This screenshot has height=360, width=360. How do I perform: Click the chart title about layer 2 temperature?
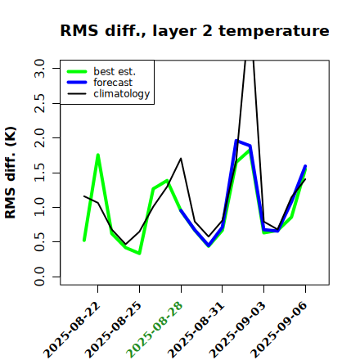(x=195, y=30)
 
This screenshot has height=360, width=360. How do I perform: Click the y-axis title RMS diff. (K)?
(x=11, y=173)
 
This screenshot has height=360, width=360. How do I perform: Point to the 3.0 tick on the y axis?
(x=39, y=68)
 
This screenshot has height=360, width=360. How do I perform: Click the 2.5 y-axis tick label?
(x=39, y=103)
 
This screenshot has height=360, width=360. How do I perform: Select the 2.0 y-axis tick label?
(x=39, y=138)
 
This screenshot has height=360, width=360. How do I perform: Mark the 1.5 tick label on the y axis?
(x=39, y=173)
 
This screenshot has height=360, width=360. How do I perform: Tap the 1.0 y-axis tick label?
(x=39, y=207)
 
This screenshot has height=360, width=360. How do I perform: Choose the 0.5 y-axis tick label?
(x=39, y=242)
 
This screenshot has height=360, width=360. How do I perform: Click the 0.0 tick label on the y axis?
(x=39, y=277)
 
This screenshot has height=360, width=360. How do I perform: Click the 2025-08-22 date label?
(x=72, y=330)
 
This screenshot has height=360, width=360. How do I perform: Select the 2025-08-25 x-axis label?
(x=114, y=330)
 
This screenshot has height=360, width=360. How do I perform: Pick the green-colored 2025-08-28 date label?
(x=155, y=330)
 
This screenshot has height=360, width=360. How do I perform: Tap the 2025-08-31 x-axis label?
(x=196, y=330)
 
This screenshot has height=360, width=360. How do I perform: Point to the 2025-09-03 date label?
(x=237, y=330)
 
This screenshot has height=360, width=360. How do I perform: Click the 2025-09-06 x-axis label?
(x=279, y=330)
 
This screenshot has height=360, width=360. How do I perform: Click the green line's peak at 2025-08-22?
(x=98, y=155)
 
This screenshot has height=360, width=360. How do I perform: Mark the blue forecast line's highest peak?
(x=236, y=141)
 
